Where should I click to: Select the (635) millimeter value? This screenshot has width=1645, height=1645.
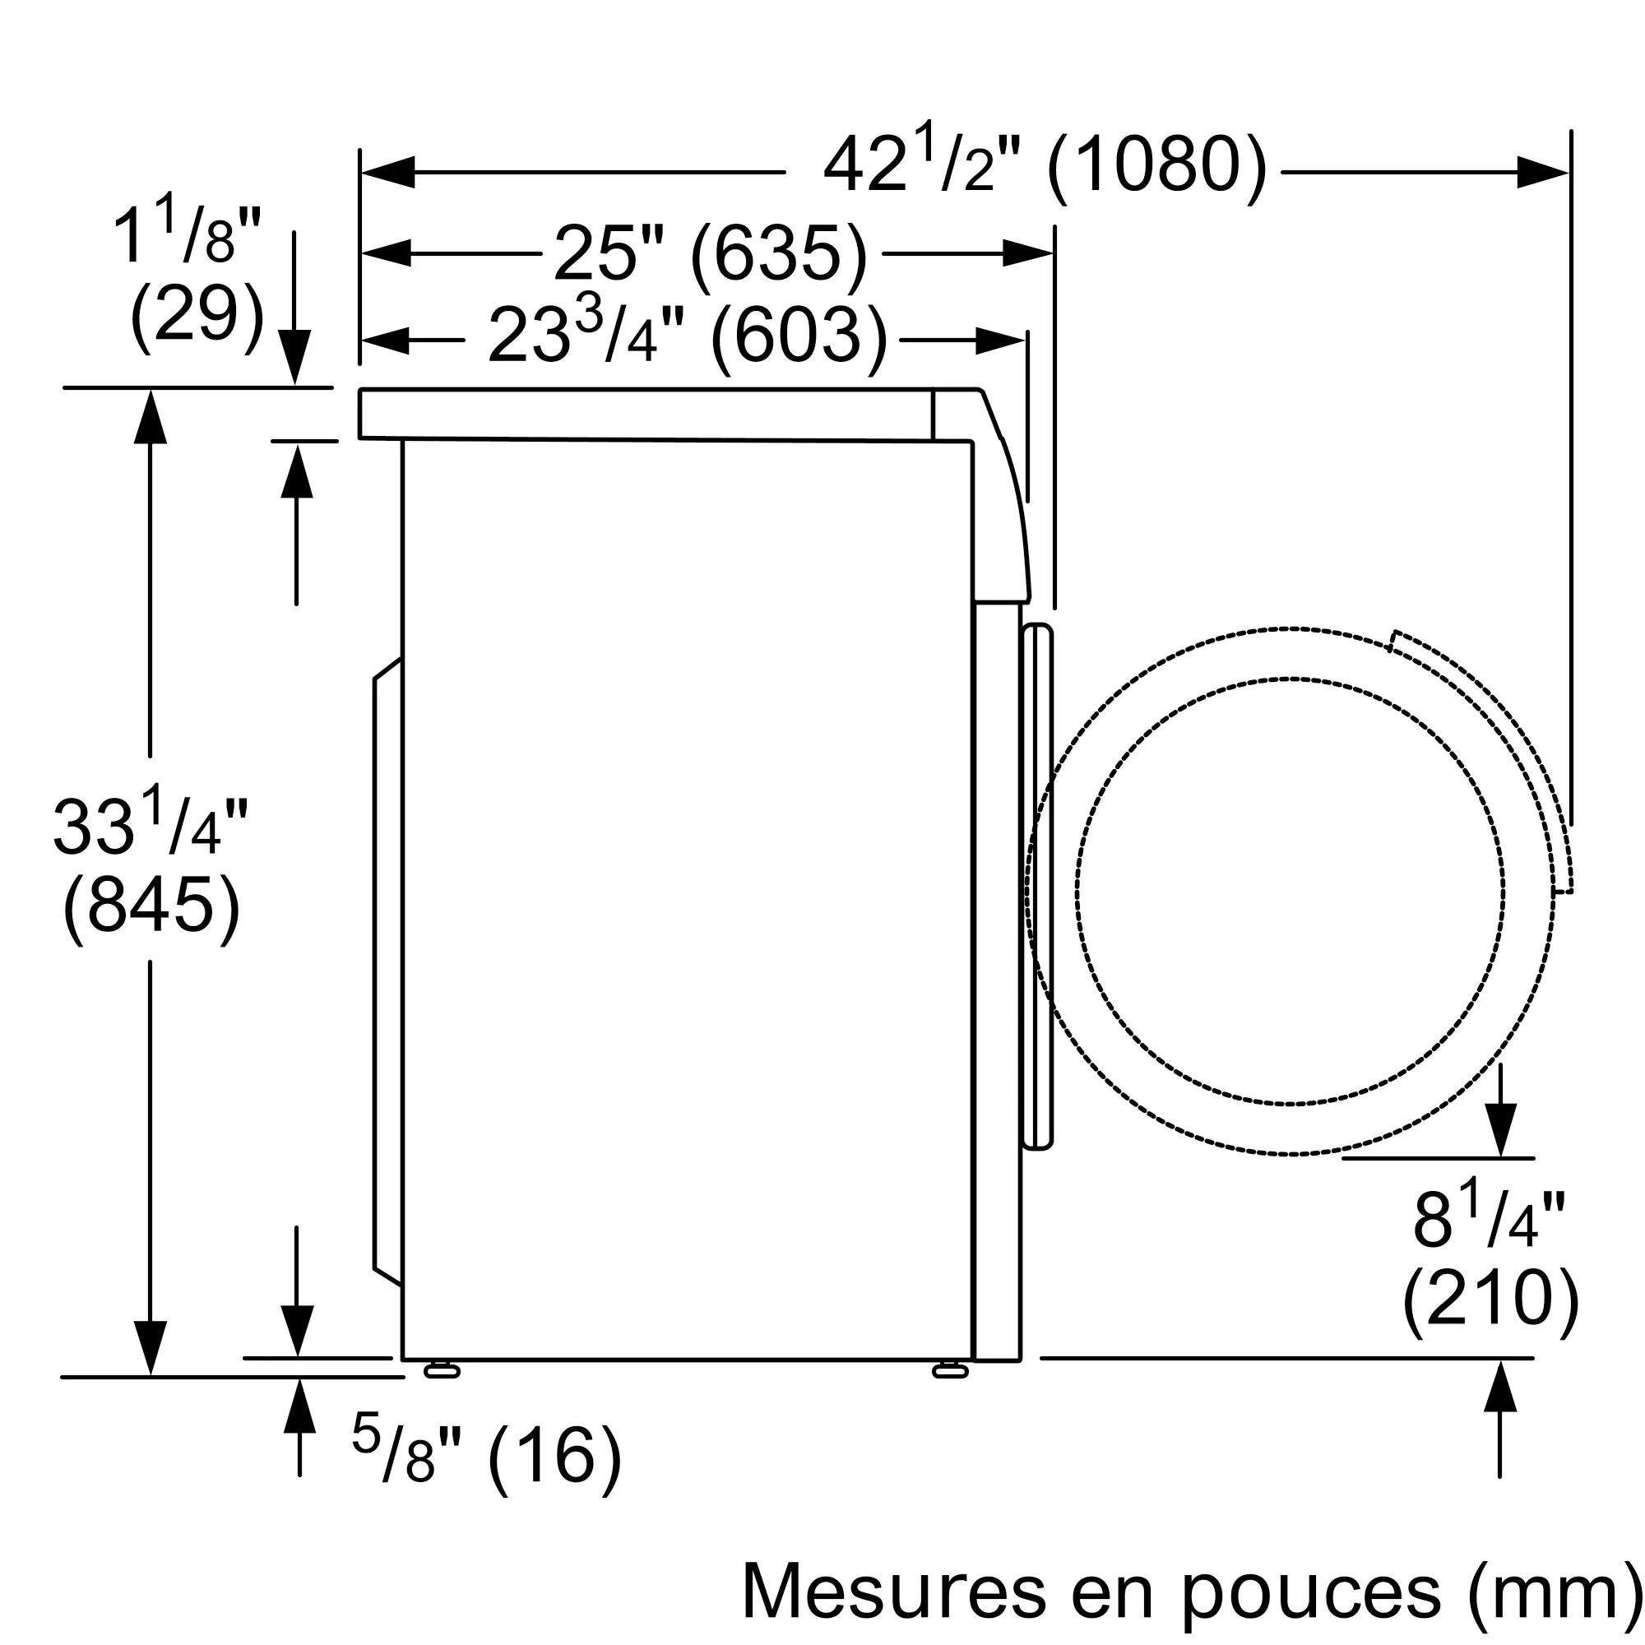[x=778, y=253]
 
